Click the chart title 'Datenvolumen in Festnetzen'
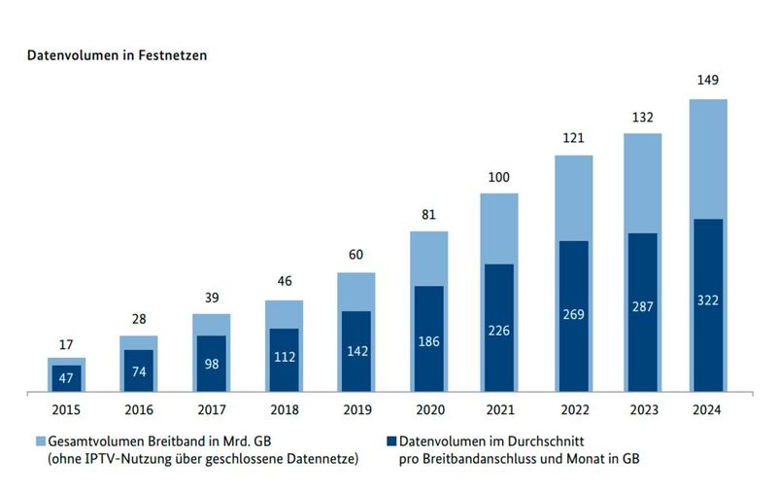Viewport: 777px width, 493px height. [x=117, y=55]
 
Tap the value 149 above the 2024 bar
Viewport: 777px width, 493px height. [x=708, y=80]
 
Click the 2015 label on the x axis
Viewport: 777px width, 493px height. [x=66, y=409]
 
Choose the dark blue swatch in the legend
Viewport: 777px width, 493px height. [x=390, y=440]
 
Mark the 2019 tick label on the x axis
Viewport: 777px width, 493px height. [x=357, y=409]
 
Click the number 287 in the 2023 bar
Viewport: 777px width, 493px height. [x=641, y=306]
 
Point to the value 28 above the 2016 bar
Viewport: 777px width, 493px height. [x=138, y=319]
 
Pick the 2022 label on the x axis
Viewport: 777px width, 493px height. [x=574, y=409]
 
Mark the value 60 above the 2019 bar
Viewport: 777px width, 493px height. [x=356, y=255]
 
